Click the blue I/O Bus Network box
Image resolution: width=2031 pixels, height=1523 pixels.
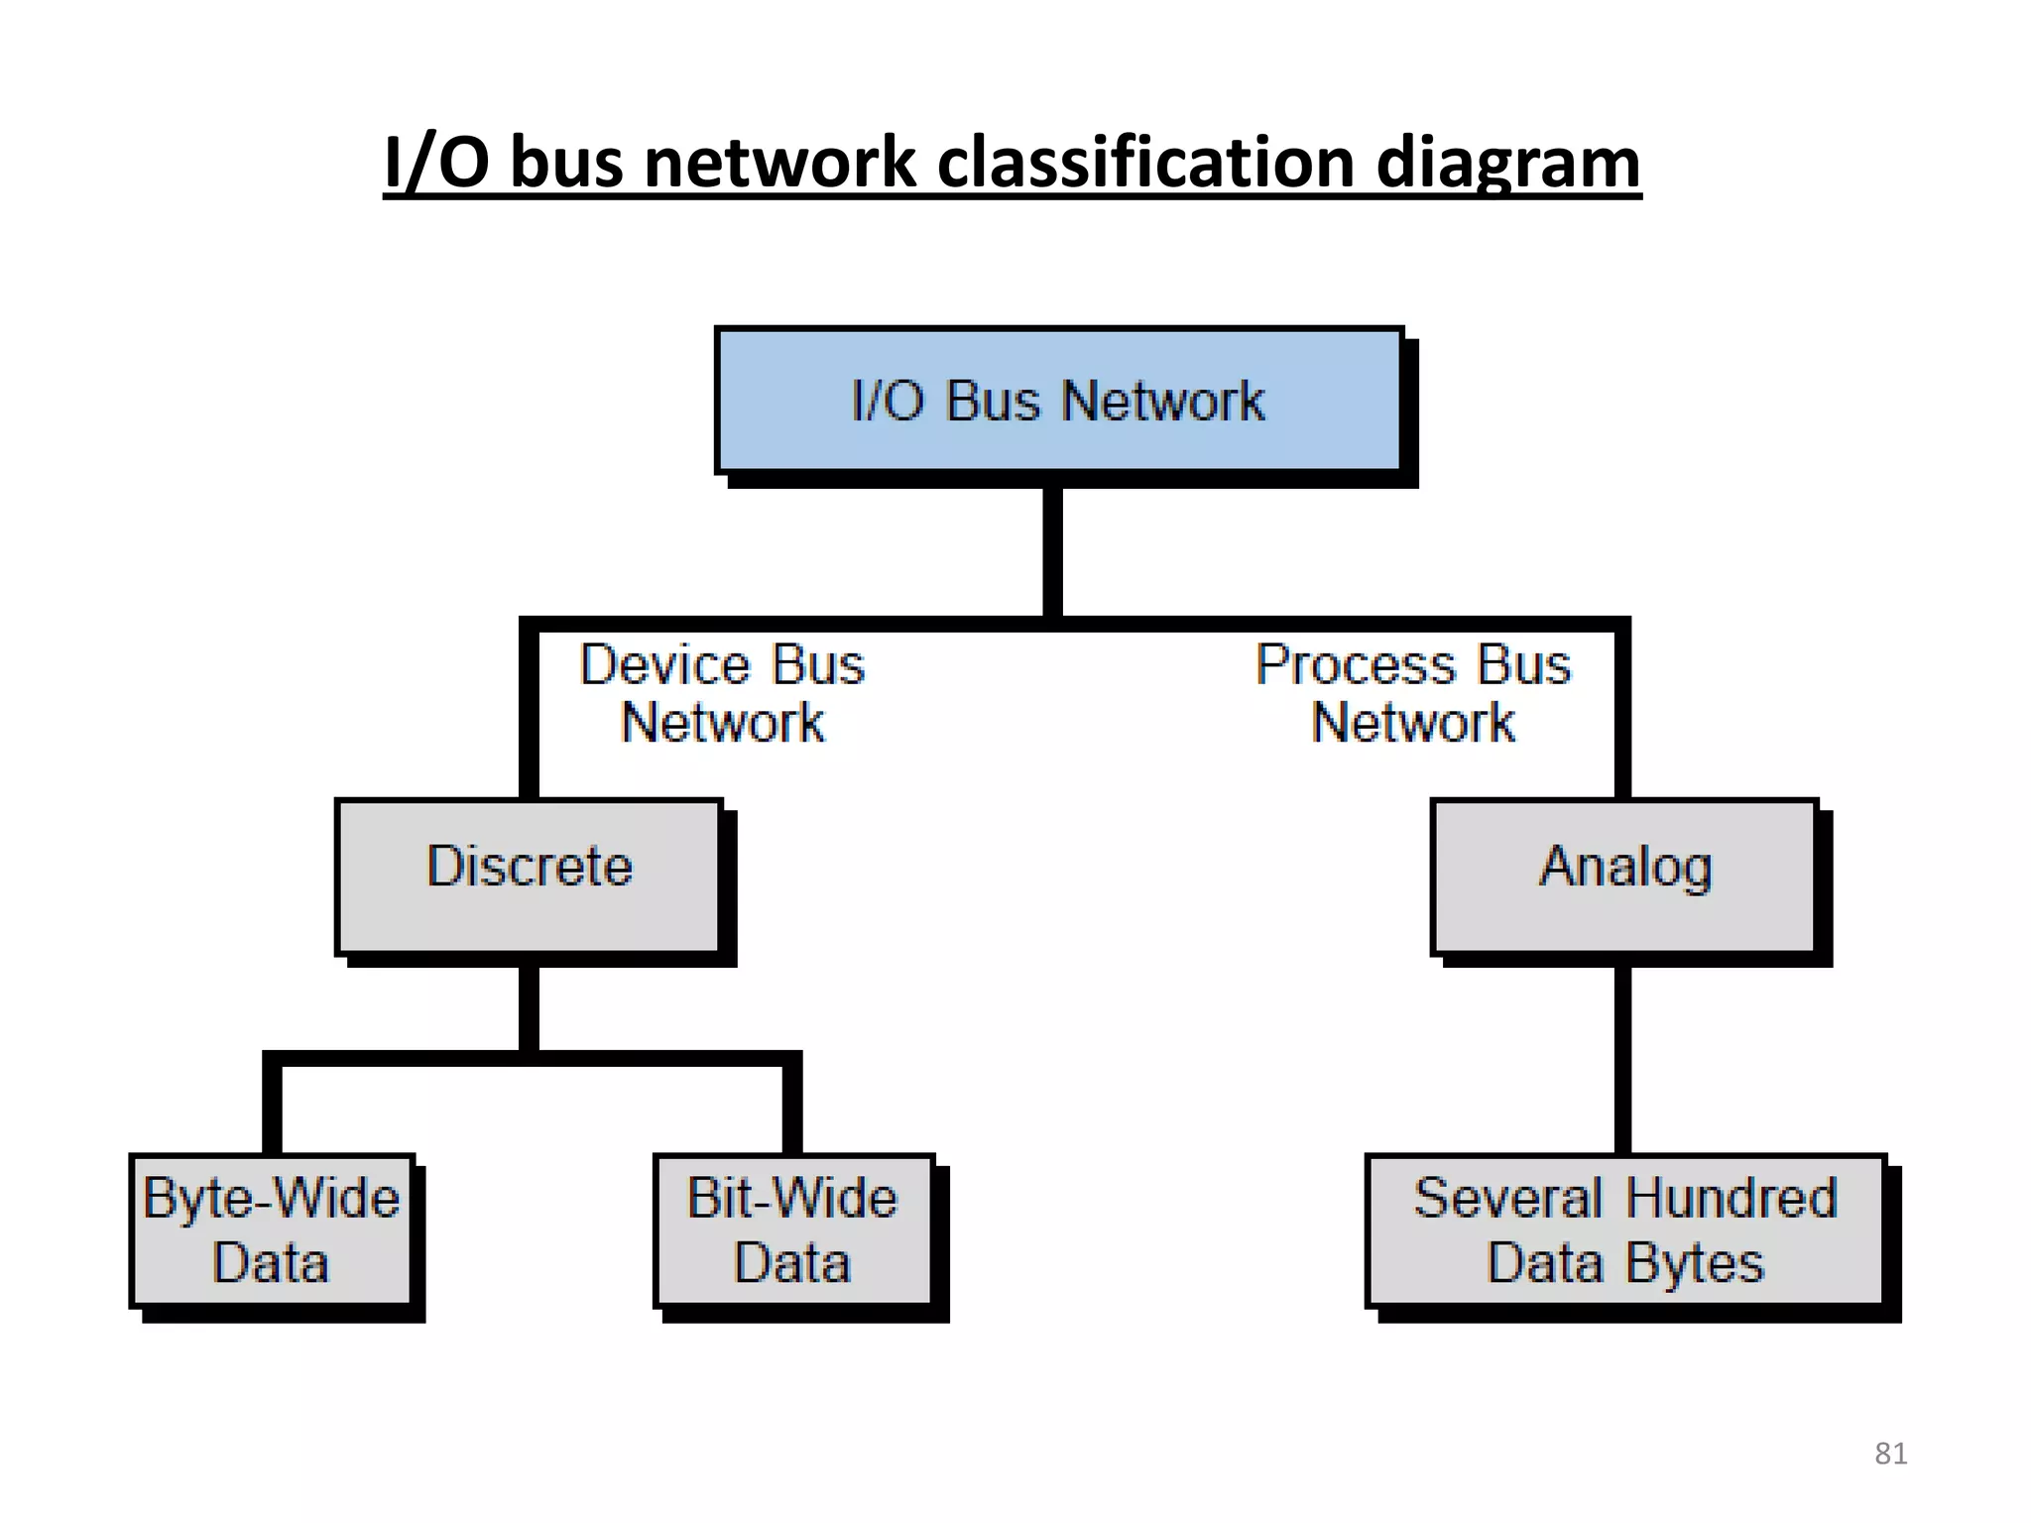click(1058, 401)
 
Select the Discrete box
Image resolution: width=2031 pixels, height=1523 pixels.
click(529, 876)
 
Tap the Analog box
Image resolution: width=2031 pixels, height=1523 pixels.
click(1624, 876)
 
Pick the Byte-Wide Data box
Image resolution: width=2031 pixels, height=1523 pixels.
click(271, 1230)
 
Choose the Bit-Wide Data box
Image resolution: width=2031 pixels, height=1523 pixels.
click(792, 1230)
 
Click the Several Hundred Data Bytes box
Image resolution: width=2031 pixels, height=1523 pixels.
click(1624, 1230)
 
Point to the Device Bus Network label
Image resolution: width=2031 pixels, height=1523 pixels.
click(722, 693)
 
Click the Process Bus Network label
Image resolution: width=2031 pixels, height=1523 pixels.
click(1413, 693)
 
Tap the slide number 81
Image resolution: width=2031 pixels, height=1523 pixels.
click(1890, 1454)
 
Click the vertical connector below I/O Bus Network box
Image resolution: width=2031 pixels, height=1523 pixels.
click(1053, 550)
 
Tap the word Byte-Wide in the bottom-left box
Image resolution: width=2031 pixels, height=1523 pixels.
click(271, 1198)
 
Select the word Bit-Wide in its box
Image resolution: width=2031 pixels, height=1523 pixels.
click(792, 1198)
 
